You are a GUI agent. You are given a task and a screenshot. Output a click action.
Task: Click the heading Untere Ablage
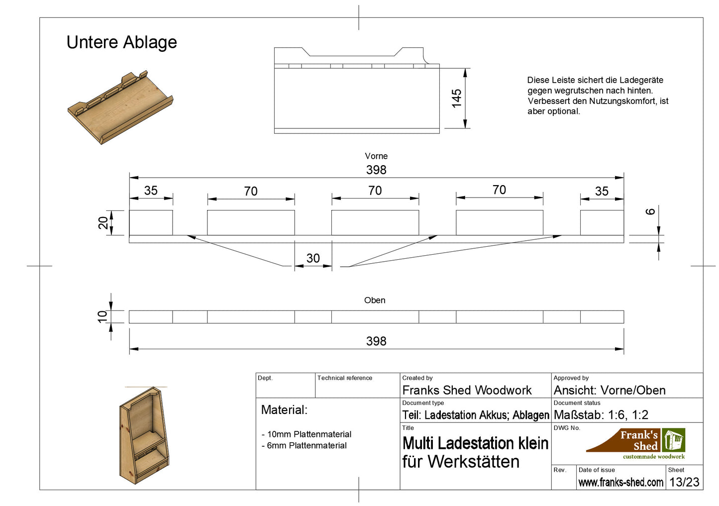pos(121,42)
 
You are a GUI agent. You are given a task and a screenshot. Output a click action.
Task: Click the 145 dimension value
pos(457,99)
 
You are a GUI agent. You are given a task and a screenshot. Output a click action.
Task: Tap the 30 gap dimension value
pos(313,258)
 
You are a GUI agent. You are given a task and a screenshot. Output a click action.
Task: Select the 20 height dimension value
pos(103,222)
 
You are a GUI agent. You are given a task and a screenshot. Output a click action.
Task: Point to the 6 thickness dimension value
pos(650,211)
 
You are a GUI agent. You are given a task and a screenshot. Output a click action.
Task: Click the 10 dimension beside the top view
pos(103,316)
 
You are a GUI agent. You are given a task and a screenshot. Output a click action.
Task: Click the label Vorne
pos(376,156)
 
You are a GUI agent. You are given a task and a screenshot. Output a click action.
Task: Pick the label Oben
pos(375,301)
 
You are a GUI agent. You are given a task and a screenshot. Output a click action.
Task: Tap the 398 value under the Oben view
pos(376,341)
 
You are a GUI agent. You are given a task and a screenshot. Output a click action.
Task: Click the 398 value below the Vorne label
pos(376,170)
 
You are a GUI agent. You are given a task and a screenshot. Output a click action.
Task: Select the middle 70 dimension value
pos(375,191)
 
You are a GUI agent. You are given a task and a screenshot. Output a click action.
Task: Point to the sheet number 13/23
pos(684,482)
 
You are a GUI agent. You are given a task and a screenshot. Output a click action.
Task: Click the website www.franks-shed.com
pos(620,482)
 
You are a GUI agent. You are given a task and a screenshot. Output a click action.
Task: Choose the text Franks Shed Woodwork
pos(467,391)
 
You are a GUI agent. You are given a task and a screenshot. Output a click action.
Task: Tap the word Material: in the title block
pos(284,410)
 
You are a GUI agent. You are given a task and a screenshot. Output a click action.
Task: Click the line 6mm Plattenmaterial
pos(304,446)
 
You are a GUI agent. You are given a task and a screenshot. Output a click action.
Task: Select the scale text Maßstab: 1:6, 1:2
pos(601,415)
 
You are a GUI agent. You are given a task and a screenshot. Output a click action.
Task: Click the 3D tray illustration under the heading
pos(120,107)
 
